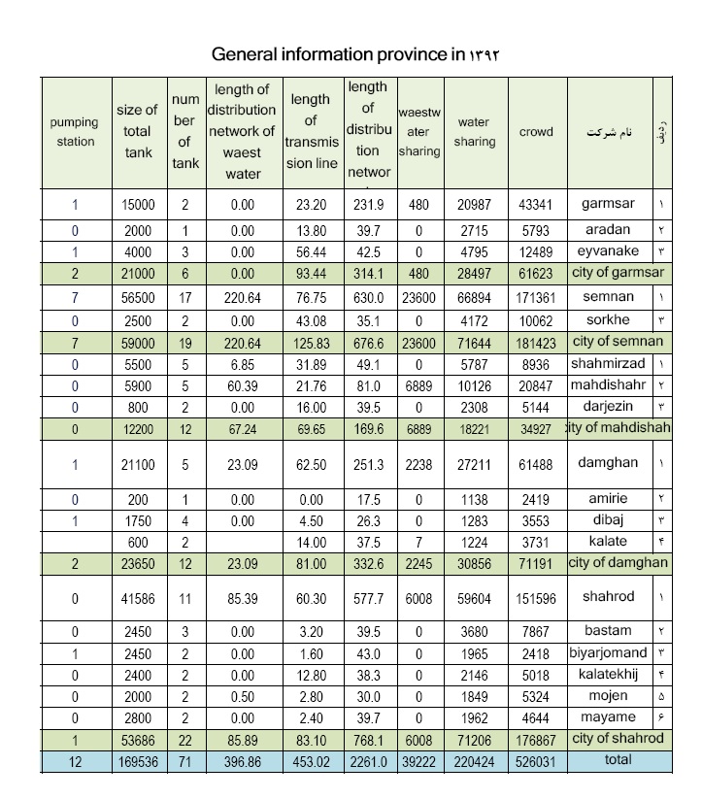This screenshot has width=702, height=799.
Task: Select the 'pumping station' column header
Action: click(74, 132)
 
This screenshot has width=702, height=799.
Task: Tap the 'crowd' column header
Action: click(536, 132)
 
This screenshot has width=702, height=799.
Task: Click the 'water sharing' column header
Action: click(474, 132)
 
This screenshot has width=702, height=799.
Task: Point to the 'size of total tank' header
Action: click(137, 132)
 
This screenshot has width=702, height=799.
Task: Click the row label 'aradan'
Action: click(609, 230)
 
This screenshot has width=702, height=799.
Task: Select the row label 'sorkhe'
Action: click(609, 320)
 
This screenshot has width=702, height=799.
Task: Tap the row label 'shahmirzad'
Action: click(609, 363)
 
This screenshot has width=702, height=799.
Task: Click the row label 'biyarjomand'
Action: click(610, 652)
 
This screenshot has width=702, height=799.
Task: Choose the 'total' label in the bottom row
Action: click(618, 760)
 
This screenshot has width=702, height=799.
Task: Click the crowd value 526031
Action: click(536, 762)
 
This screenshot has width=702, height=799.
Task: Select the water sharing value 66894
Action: click(474, 296)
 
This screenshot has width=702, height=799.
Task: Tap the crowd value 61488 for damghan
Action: click(536, 465)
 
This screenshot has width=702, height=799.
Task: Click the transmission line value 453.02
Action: click(311, 762)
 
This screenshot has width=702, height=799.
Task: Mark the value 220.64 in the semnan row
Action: click(242, 296)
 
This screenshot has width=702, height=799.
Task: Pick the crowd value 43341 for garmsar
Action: click(536, 205)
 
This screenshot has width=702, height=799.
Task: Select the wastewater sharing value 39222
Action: click(418, 762)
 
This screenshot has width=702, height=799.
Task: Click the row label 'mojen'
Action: click(609, 696)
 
